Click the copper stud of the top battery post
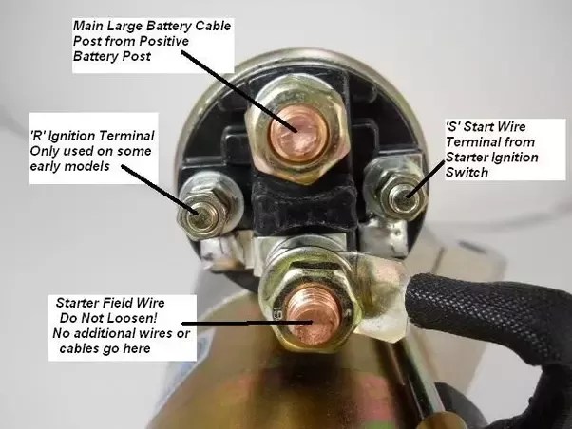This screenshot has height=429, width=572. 298,136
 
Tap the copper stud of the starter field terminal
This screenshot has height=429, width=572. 314,314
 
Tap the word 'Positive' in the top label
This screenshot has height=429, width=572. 164,41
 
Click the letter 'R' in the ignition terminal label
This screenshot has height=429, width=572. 36,136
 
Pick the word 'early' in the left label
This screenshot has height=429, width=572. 46,167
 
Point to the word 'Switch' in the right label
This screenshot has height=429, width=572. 467,172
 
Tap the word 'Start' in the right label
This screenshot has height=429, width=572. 480,127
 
